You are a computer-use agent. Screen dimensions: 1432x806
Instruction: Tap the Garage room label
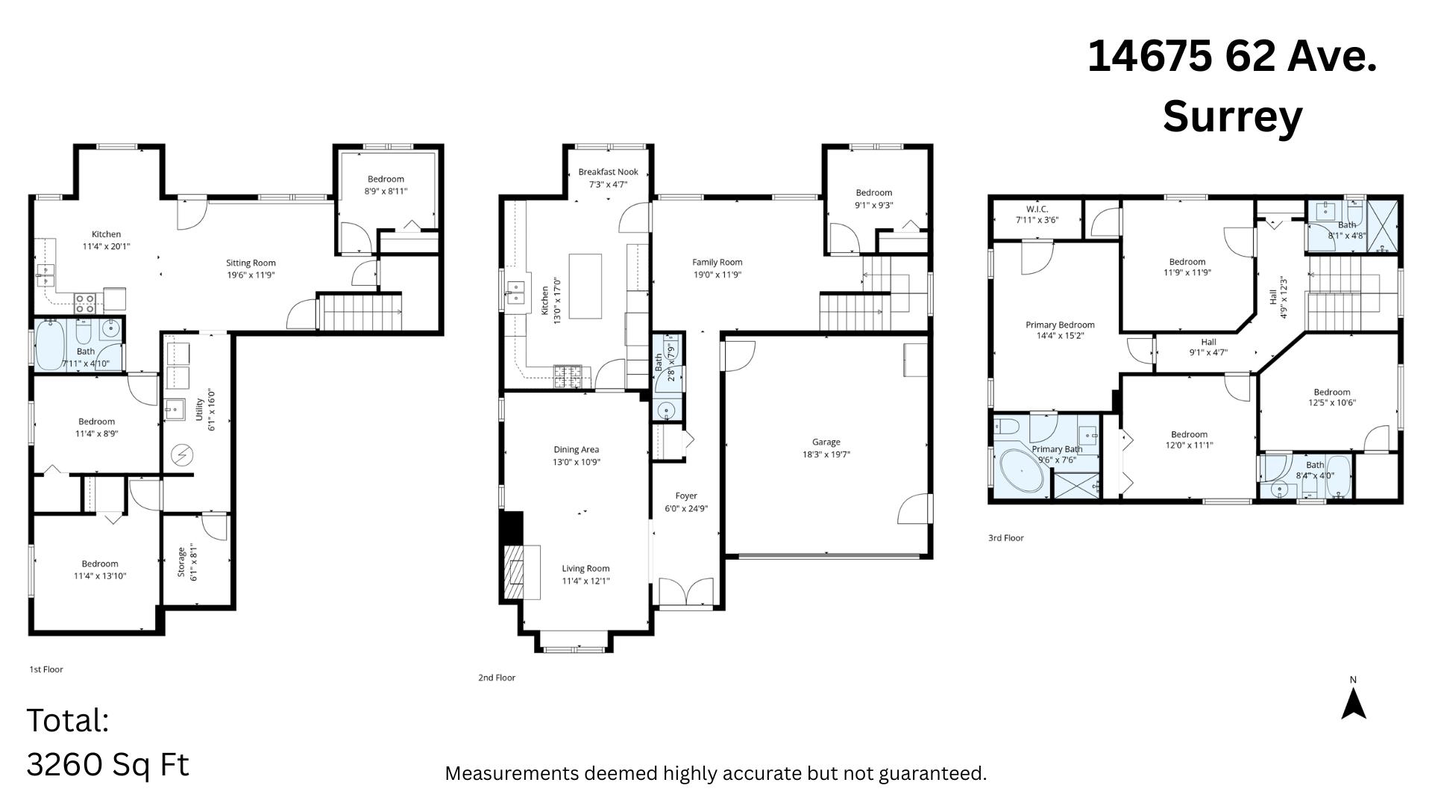click(x=826, y=442)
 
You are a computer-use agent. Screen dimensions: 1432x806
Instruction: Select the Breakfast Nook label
click(x=608, y=172)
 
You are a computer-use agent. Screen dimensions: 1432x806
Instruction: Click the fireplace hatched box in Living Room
click(x=522, y=572)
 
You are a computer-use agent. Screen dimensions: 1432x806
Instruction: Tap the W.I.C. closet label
click(x=1037, y=209)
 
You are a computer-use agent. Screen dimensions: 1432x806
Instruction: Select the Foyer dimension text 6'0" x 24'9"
click(x=686, y=509)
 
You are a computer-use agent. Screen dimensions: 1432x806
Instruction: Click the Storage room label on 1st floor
click(x=181, y=562)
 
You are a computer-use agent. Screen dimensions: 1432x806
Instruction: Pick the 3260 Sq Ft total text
click(x=108, y=764)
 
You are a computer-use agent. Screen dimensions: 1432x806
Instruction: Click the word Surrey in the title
click(x=1232, y=117)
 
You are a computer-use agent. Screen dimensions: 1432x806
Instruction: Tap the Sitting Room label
click(x=251, y=263)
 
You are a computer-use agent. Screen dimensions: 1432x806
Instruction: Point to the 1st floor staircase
click(x=360, y=312)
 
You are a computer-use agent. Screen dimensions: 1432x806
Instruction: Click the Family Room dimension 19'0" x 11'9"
click(x=717, y=275)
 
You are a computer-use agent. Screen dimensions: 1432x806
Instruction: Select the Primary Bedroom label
click(x=1060, y=325)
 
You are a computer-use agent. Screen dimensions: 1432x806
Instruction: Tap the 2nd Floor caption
click(x=497, y=678)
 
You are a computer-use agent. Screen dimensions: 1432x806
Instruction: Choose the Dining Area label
click(x=577, y=449)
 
